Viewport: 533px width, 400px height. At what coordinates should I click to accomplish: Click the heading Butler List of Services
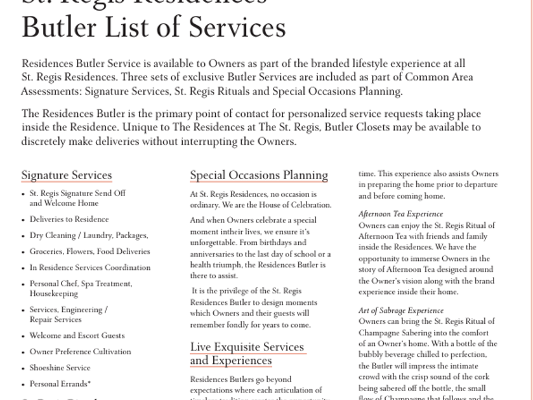[154, 28]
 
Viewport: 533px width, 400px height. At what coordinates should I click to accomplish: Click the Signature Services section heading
[67, 175]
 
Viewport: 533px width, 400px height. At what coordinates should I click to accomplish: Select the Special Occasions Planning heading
[259, 175]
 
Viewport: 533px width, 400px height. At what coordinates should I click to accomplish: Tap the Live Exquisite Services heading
[247, 347]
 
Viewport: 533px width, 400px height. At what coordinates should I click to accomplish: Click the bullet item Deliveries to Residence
[69, 219]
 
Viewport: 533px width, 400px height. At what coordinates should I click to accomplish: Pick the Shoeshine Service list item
[60, 368]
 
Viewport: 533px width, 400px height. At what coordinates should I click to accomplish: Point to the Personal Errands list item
[60, 383]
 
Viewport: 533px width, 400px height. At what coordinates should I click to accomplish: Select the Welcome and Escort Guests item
[77, 335]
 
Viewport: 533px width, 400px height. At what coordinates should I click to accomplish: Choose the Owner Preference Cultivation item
[80, 351]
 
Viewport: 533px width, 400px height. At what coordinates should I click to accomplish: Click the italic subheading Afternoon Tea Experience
[400, 214]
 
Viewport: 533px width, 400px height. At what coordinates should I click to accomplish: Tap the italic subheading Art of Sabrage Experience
[401, 310]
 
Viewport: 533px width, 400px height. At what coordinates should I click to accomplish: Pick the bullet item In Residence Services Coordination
[90, 267]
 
